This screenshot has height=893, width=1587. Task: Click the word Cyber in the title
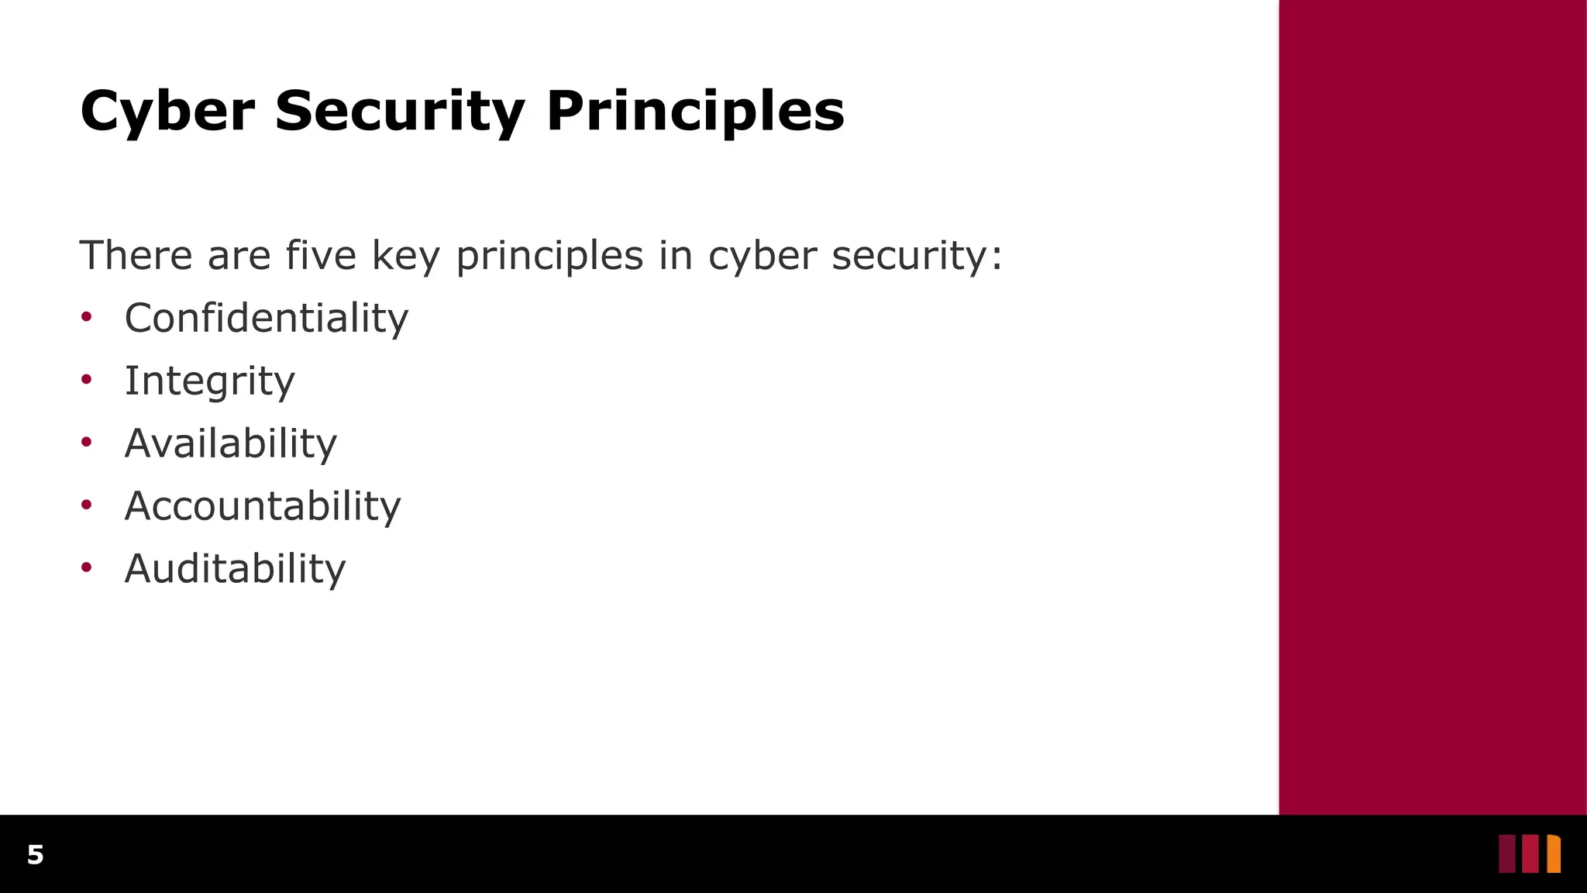[167, 112]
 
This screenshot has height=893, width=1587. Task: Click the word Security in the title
[399, 112]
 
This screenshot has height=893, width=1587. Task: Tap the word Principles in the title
[694, 112]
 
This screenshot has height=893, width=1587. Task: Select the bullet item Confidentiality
[266, 319]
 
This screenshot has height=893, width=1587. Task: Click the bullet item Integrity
[209, 381]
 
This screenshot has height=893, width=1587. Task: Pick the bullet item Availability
[230, 443]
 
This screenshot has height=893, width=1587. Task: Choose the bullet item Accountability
[262, 506]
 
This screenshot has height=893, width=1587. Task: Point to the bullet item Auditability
[234, 569]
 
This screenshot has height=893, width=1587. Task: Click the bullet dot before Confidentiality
[87, 316]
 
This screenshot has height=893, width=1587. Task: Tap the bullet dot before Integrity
[87, 379]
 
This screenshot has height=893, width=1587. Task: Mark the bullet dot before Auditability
[87, 567]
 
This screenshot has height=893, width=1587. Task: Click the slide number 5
[35, 855]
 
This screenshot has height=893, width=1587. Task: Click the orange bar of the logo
[1554, 854]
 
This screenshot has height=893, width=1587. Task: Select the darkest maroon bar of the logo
[1506, 854]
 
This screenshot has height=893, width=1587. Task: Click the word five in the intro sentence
[320, 255]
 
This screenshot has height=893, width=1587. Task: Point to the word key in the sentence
[405, 257]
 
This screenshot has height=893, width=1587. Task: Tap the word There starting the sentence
[136, 255]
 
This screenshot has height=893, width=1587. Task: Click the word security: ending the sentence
[916, 257]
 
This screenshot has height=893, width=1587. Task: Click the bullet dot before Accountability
[87, 505]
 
